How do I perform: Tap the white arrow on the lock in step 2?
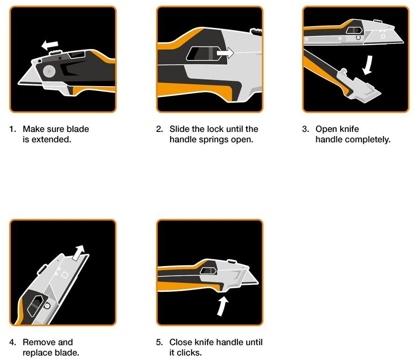pyautogui.click(x=225, y=53)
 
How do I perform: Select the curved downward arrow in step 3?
pyautogui.click(x=368, y=65)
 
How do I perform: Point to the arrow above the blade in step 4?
pyautogui.click(x=79, y=253)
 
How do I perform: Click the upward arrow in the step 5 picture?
pyautogui.click(x=222, y=306)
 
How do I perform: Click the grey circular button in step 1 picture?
pyautogui.click(x=49, y=71)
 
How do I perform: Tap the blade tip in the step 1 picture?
pyautogui.click(x=18, y=84)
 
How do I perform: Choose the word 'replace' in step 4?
pyautogui.click(x=39, y=353)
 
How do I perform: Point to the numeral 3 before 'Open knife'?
pyautogui.click(x=305, y=129)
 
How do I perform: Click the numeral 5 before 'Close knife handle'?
pyautogui.click(x=159, y=342)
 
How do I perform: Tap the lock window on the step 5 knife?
pyautogui.click(x=208, y=271)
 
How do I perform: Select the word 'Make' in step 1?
pyautogui.click(x=33, y=129)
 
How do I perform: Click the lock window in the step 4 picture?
pyautogui.click(x=35, y=306)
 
